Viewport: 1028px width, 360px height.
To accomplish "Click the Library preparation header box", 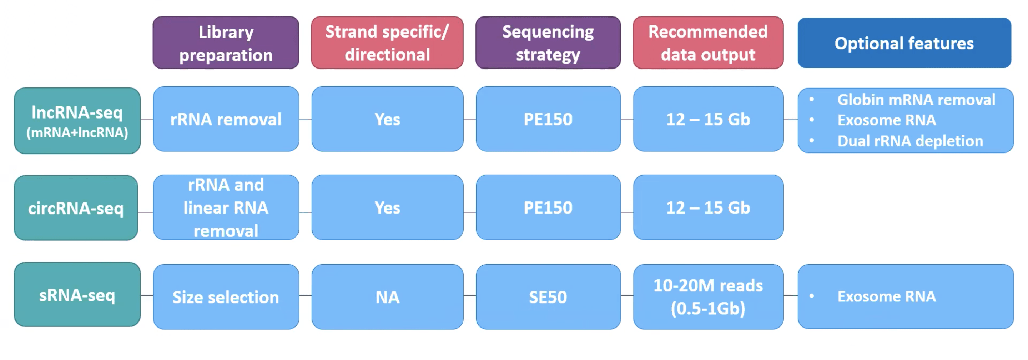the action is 226,43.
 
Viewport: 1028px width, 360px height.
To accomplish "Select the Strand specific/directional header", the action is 387,43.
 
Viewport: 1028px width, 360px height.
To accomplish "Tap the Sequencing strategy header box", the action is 548,43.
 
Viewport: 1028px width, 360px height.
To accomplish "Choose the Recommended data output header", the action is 708,43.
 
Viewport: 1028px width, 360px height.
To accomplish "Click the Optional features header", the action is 904,43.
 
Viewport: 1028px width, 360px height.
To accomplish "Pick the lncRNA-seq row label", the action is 77,120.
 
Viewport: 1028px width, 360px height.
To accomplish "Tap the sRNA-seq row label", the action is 77,295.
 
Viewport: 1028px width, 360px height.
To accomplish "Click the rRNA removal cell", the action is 226,119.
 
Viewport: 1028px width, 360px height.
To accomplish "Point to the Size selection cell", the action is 226,296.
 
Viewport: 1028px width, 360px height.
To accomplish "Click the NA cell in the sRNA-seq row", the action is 387,296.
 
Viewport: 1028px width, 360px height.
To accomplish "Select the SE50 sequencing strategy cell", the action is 548,296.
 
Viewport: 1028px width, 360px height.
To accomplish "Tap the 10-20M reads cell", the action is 708,296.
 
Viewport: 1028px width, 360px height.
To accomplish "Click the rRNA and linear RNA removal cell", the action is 226,207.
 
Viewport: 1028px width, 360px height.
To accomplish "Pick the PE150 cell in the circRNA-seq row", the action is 548,207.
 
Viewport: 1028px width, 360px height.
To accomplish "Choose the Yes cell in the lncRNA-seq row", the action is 387,119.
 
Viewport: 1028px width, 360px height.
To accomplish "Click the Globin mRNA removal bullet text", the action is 916,100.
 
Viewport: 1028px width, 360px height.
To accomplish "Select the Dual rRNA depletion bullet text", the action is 910,141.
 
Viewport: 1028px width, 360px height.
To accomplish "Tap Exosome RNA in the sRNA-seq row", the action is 886,296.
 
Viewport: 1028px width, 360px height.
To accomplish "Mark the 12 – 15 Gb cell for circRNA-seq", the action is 708,207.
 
